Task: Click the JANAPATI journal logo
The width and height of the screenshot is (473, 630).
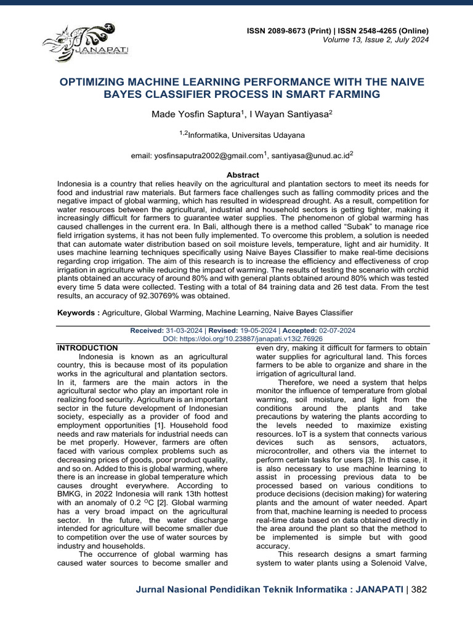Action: click(x=79, y=41)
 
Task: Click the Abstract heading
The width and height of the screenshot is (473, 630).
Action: click(x=243, y=175)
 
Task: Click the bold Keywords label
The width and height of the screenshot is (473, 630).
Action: click(x=78, y=313)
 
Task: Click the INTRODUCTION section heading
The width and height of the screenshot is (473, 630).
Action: click(x=87, y=348)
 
